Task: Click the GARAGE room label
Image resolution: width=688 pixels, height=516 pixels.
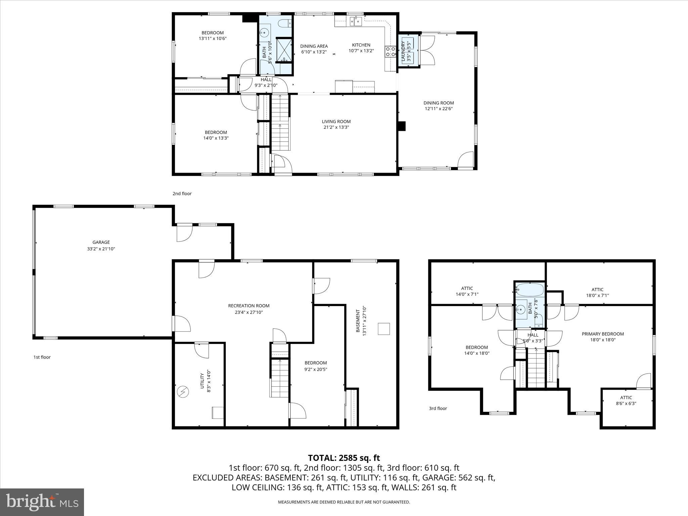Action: click(x=101, y=242)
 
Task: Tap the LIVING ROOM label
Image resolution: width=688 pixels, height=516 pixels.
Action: click(x=336, y=122)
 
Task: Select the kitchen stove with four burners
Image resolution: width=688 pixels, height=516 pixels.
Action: click(x=390, y=52)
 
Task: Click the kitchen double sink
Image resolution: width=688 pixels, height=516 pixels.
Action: click(x=355, y=21)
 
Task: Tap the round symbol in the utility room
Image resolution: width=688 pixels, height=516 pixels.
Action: click(x=183, y=392)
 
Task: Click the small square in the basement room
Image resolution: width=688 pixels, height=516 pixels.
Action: click(x=384, y=329)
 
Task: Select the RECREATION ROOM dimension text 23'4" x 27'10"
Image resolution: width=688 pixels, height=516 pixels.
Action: click(x=249, y=312)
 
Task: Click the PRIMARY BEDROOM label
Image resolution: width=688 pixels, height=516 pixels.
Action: click(x=603, y=334)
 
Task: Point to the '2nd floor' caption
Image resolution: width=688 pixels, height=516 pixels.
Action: click(x=182, y=193)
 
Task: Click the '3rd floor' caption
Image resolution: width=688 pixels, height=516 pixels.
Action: click(x=438, y=408)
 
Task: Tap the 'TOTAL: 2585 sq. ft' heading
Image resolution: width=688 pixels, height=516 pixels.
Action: click(x=344, y=458)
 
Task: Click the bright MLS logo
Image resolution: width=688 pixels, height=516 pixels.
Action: click(x=42, y=502)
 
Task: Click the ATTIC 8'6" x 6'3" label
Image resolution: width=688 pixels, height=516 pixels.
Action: click(x=626, y=400)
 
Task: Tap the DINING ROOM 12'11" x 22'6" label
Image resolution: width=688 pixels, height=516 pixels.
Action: click(x=438, y=106)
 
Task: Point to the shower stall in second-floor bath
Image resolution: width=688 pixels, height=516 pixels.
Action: click(x=284, y=50)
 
